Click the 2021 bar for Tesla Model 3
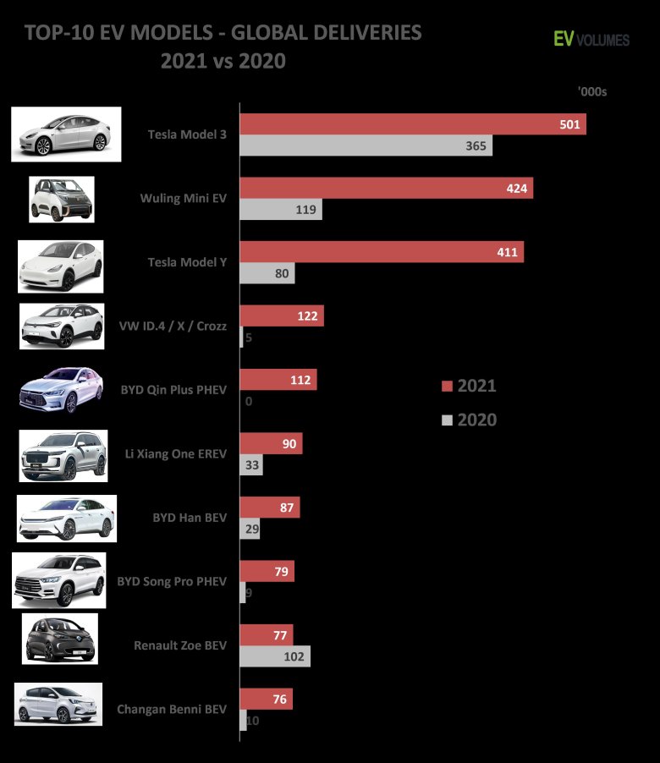[x=413, y=124]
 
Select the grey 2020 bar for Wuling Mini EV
[x=281, y=209]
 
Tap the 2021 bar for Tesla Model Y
[x=382, y=251]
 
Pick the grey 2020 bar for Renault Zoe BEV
[x=275, y=656]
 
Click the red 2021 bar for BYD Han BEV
[x=270, y=508]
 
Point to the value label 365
[x=476, y=145]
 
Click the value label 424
[x=517, y=188]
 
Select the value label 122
[x=307, y=316]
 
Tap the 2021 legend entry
[x=469, y=387]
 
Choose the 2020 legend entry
[x=469, y=420]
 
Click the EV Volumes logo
[x=591, y=38]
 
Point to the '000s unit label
[x=592, y=91]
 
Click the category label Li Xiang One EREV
[x=175, y=454]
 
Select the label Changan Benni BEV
[x=172, y=710]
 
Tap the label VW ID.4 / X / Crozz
[x=173, y=326]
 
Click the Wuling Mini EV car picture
[x=62, y=200]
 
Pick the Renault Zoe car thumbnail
[x=60, y=640]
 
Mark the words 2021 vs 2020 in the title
[x=223, y=61]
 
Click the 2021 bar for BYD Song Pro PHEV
[x=267, y=571]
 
